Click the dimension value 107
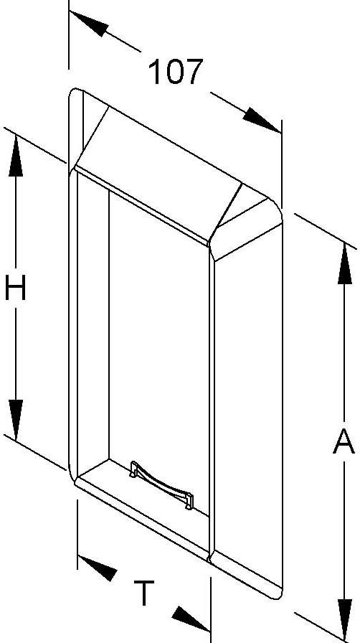[x=176, y=72]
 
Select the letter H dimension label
[x=16, y=287]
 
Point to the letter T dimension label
[x=144, y=593]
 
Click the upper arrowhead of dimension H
[x=16, y=156]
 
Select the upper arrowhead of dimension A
[x=345, y=263]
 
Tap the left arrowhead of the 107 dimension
[x=89, y=24]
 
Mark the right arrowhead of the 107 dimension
[x=262, y=120]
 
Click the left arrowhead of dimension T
[x=98, y=568]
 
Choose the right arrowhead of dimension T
[x=191, y=619]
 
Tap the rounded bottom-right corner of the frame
[x=278, y=593]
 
